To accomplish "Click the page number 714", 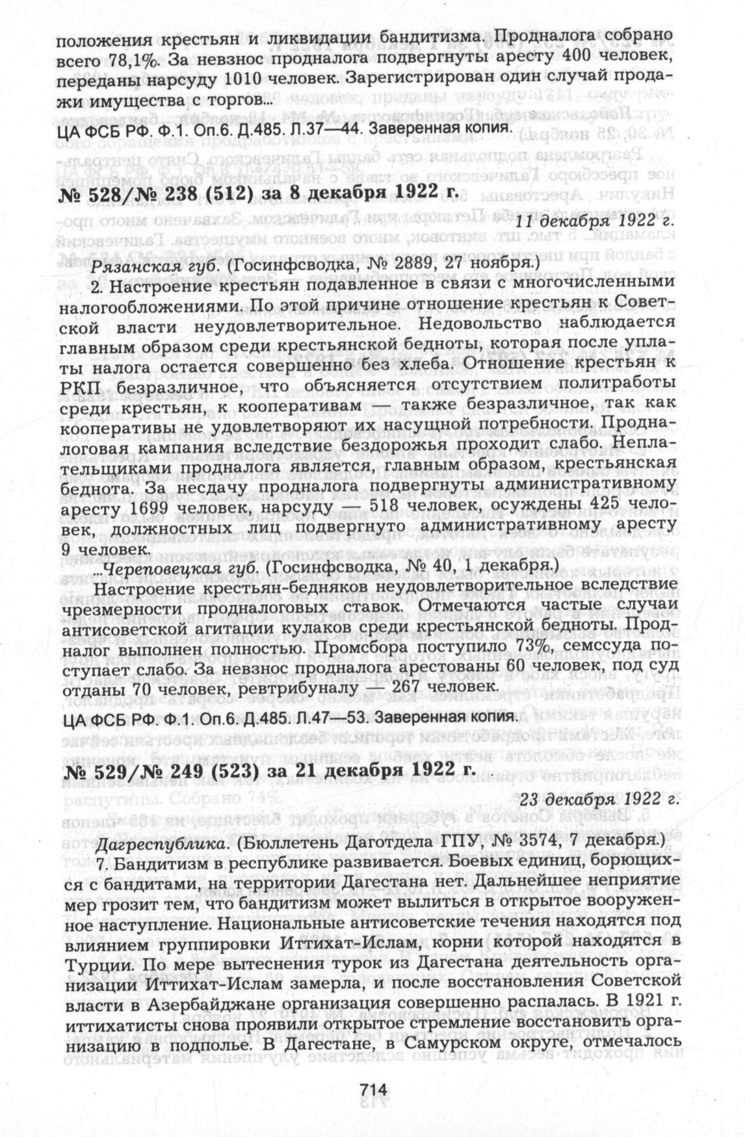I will [372, 1088].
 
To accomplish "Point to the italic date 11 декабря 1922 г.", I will [597, 220].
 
